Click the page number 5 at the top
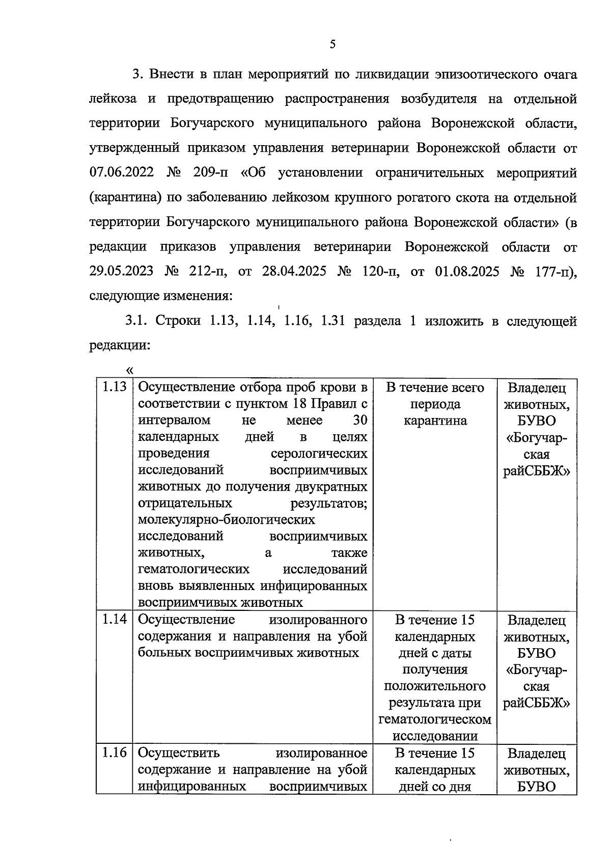tap(332, 45)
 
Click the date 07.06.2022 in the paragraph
tap(121, 173)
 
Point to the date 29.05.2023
tap(121, 271)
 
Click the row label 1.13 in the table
tap(114, 387)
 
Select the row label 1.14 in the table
tap(114, 620)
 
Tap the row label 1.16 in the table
tap(114, 753)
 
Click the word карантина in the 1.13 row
tap(435, 421)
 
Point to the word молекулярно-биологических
tap(226, 520)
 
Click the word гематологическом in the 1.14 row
tap(435, 719)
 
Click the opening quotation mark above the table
tap(129, 370)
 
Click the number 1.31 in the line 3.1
tap(334, 321)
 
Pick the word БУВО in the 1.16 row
tap(536, 786)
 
